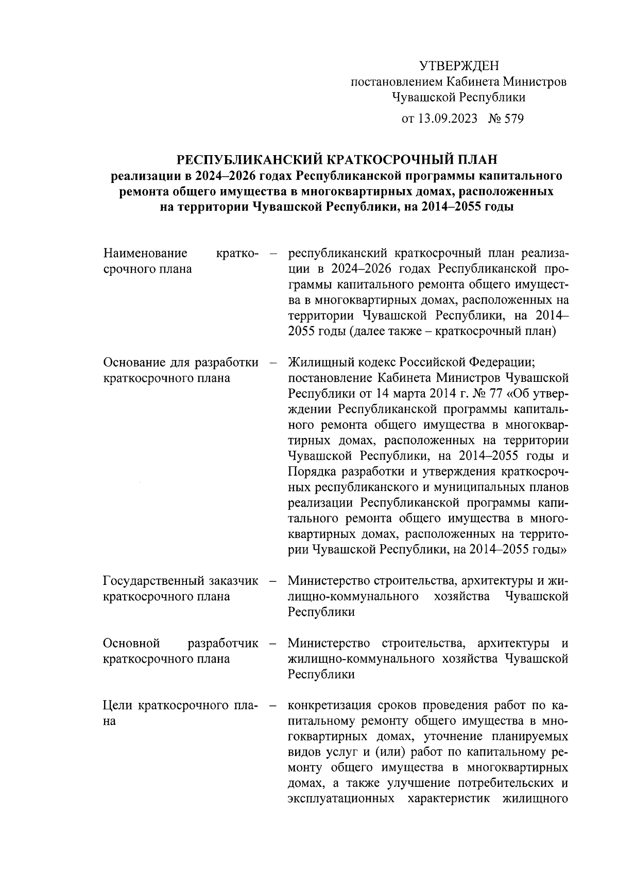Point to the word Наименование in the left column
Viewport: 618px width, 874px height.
(x=145, y=254)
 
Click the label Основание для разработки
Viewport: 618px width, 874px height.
(x=181, y=363)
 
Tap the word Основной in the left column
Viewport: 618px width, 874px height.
(x=132, y=644)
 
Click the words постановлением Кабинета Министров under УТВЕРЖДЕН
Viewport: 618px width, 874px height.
(x=458, y=81)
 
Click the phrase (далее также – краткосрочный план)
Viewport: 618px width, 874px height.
(x=453, y=331)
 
